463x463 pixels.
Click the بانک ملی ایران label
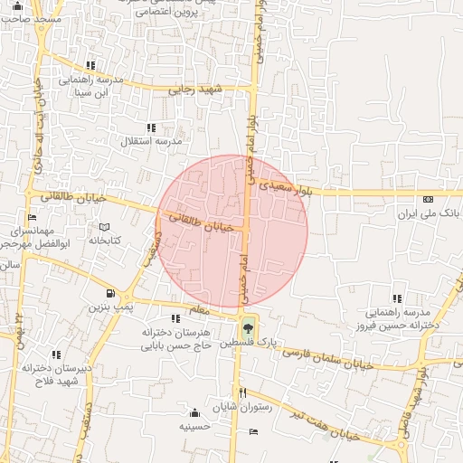click(x=428, y=216)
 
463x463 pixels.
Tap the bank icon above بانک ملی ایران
click(x=428, y=200)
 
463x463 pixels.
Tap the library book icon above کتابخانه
click(x=104, y=226)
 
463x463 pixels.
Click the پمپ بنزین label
click(x=109, y=307)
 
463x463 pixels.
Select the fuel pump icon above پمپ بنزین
click(x=109, y=293)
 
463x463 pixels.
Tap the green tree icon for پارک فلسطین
click(x=248, y=327)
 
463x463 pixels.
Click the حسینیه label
click(x=195, y=425)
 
